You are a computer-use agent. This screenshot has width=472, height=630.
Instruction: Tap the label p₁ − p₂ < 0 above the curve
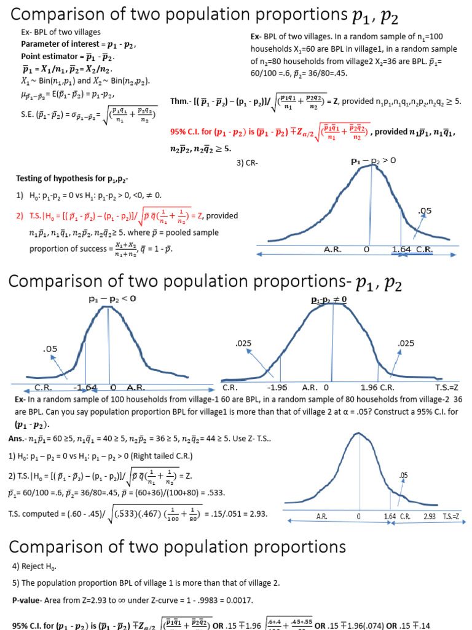[111, 298]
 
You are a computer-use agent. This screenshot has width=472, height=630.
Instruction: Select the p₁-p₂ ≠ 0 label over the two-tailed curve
[329, 300]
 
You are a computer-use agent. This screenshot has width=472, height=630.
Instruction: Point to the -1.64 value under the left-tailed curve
[85, 388]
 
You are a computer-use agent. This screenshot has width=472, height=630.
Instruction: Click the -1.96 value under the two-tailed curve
[278, 388]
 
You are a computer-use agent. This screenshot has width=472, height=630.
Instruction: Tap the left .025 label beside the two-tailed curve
[244, 343]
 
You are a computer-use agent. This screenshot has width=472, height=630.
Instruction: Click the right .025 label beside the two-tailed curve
[406, 343]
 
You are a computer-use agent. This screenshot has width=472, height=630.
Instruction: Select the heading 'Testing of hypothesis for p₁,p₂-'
[72, 179]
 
